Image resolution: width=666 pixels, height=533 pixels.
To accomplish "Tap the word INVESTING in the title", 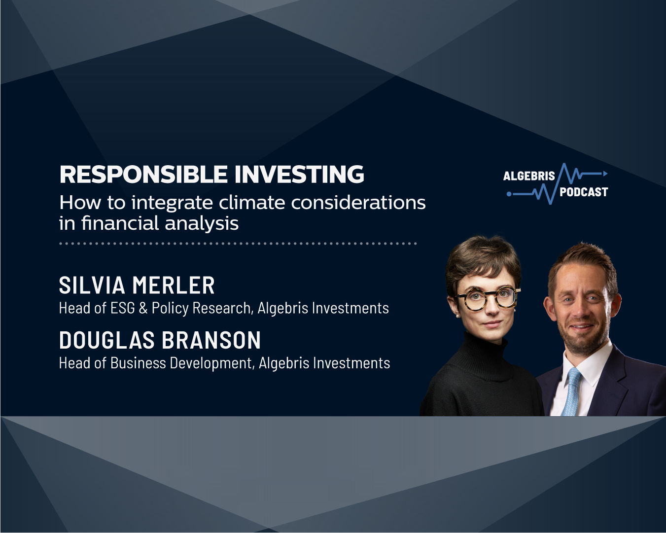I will [x=299, y=174].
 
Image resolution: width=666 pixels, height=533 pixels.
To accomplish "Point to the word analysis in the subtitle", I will [x=202, y=223].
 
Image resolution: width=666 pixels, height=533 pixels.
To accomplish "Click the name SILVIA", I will [x=92, y=285].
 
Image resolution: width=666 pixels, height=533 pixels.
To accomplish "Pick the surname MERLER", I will [x=174, y=285].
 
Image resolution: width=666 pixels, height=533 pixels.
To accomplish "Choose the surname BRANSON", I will [x=211, y=340].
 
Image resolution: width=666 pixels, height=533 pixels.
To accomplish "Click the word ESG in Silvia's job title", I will [x=122, y=308].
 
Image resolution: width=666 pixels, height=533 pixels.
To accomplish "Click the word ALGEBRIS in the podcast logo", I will [x=529, y=176].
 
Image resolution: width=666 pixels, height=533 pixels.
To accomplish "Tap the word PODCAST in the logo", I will [x=584, y=192].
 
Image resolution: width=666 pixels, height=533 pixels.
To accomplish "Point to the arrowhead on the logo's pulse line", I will [x=605, y=174].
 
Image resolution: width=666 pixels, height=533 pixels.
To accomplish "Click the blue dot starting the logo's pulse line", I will [x=509, y=194].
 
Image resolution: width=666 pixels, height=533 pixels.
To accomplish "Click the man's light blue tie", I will [x=572, y=392].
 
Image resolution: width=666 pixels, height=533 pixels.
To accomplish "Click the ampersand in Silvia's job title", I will [x=143, y=308].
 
